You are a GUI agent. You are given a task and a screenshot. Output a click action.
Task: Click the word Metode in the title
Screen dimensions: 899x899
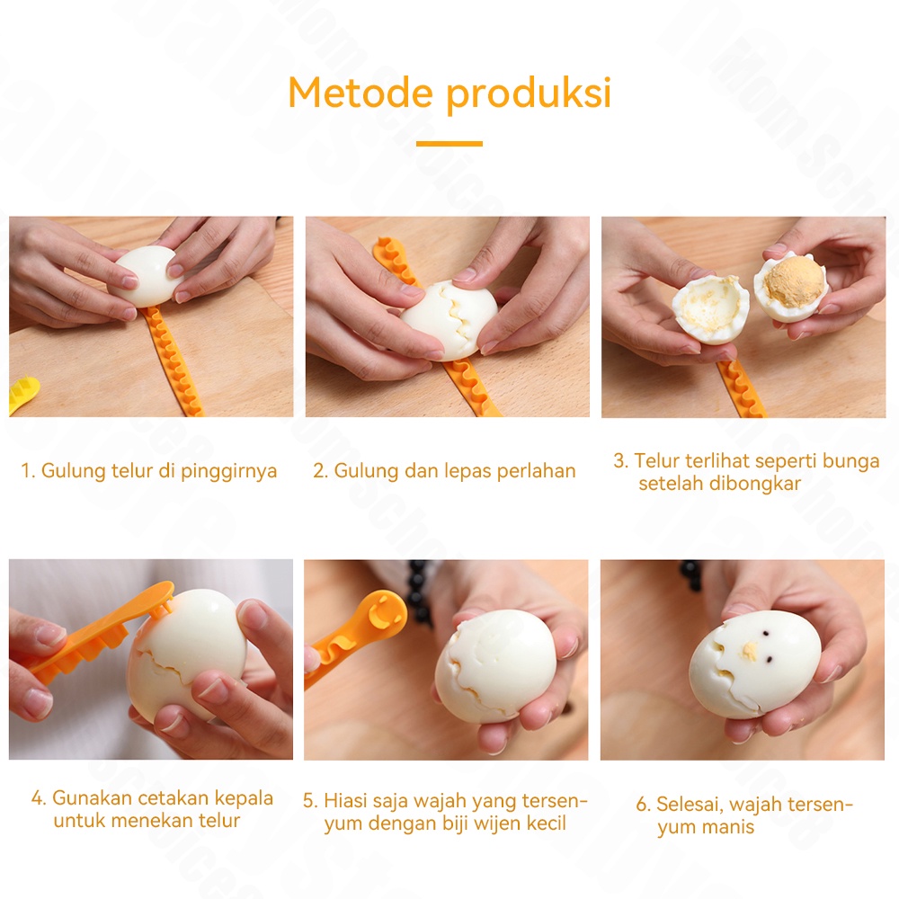360,93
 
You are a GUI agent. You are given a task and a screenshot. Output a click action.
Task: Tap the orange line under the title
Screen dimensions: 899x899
449,143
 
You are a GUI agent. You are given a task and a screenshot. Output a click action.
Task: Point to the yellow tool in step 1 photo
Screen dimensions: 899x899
23,394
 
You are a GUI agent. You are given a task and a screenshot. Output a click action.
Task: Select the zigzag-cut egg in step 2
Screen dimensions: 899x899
449,319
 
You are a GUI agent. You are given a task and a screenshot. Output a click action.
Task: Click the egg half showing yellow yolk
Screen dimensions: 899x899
791,286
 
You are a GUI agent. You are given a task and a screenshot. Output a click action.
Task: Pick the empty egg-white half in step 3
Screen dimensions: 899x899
710,308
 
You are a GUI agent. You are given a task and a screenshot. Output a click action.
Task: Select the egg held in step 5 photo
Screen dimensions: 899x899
495,665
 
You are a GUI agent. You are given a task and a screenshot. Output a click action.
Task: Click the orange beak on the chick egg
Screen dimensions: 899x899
750,650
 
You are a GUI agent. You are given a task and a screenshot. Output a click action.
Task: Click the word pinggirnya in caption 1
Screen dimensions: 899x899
228,471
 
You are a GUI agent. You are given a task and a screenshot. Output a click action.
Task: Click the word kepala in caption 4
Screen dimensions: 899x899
244,798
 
